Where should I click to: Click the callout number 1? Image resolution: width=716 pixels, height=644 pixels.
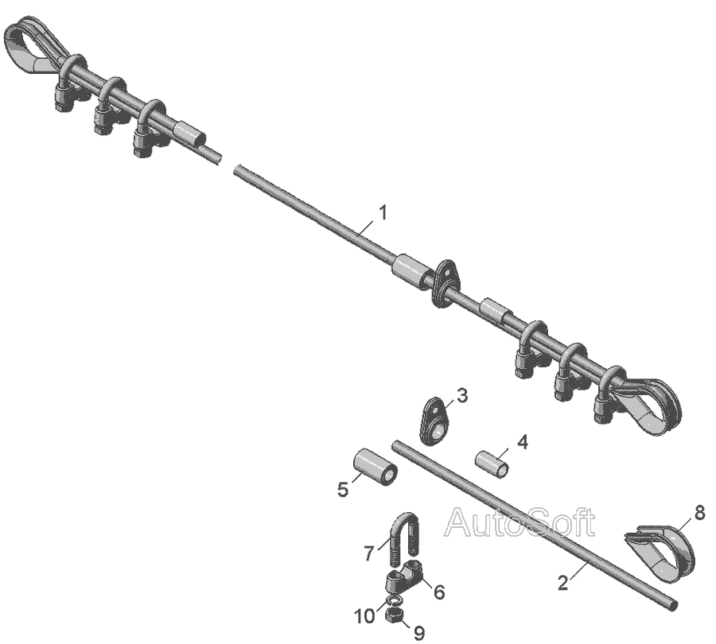click(x=383, y=213)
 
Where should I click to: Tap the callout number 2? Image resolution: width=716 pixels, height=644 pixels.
click(x=563, y=583)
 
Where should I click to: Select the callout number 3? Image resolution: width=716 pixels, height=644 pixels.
click(x=462, y=395)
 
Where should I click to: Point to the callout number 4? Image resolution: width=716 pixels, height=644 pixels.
click(x=523, y=442)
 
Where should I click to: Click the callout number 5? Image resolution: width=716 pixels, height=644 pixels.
click(x=342, y=489)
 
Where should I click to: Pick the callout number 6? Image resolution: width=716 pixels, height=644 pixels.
click(x=439, y=592)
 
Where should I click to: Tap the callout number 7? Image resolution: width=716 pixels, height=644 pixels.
click(x=369, y=553)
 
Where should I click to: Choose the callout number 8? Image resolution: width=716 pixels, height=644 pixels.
click(x=699, y=513)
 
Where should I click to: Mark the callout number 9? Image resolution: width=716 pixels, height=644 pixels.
click(x=418, y=633)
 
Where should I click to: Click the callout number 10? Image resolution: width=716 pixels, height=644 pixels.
click(x=365, y=617)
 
